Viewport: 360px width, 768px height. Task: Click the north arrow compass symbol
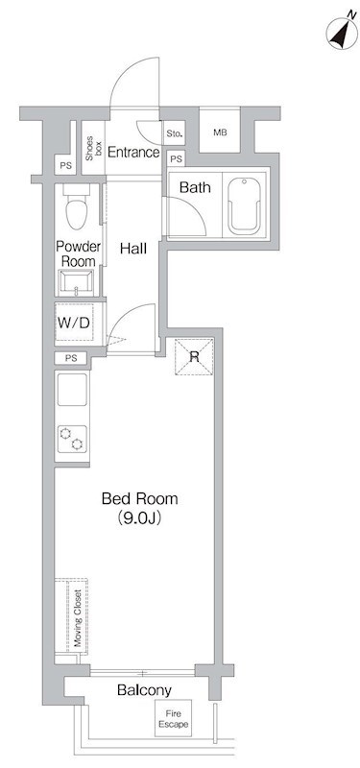coord(337,34)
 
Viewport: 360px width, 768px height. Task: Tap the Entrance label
coord(132,152)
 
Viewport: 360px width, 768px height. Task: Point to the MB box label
coord(220,132)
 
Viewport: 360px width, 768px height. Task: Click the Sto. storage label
coord(175,133)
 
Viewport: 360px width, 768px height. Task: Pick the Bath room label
coord(196,187)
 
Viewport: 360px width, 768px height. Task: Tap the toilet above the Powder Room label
coord(76,205)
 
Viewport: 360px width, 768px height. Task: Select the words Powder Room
coord(77,253)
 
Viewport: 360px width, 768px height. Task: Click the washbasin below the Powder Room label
coord(76,282)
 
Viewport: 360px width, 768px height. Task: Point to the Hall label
coord(133,250)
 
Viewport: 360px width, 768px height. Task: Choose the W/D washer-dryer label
coord(74,323)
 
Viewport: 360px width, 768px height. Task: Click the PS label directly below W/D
coord(70,358)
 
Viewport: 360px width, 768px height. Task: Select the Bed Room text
coord(140,499)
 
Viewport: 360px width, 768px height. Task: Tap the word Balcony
coord(144,690)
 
